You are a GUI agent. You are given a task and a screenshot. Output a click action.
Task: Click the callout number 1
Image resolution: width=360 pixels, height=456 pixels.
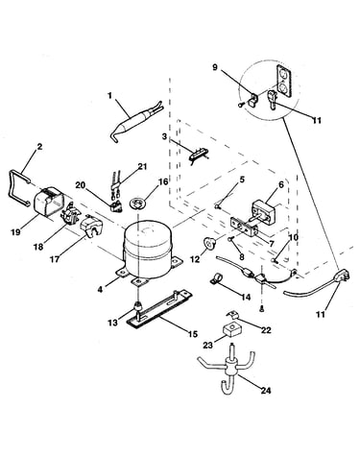pos(110,96)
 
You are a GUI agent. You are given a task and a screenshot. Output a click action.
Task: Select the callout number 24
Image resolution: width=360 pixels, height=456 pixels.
pos(266,391)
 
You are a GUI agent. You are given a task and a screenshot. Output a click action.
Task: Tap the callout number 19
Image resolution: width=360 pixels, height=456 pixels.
pos(15,231)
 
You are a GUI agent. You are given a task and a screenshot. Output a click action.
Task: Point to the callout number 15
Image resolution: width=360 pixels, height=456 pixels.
pos(193,334)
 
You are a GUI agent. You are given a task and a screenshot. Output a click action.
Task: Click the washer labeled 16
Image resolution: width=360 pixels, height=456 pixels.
pos(138,203)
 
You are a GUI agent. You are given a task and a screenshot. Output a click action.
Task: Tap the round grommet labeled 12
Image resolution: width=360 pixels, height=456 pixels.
pos(209,244)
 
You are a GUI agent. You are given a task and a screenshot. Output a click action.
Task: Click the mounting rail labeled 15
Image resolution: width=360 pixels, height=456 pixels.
pos(158,309)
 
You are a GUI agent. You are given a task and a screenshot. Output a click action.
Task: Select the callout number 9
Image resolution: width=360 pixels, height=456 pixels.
pos(215,67)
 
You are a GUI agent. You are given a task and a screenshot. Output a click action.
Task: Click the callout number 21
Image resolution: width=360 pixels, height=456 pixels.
pos(142,166)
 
